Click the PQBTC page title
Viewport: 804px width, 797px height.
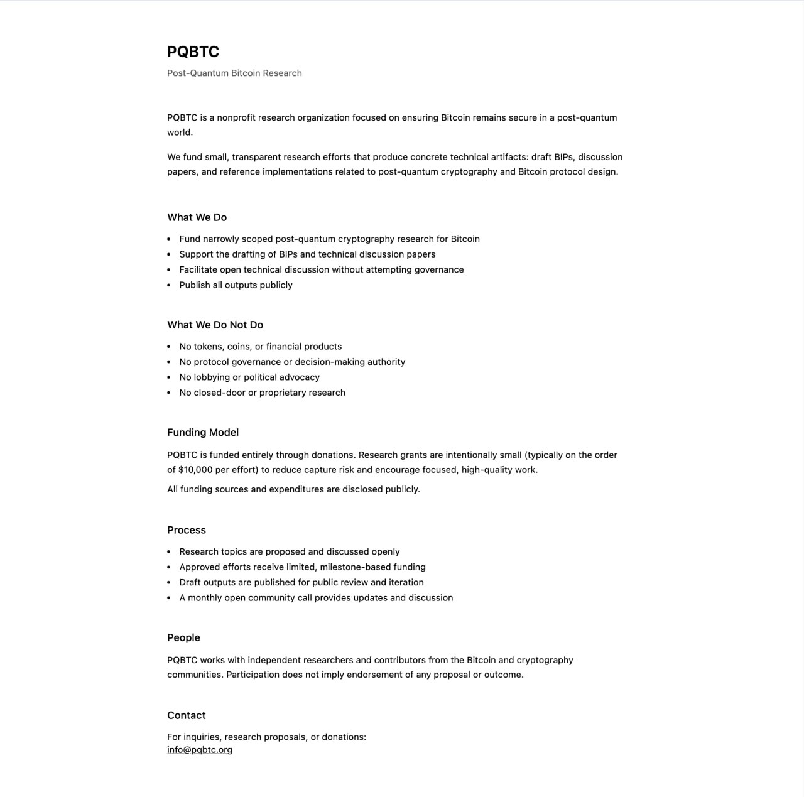pos(193,52)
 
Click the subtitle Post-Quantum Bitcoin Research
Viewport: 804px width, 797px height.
pos(234,73)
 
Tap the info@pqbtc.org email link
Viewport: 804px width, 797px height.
pos(200,749)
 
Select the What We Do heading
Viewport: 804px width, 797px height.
pos(197,217)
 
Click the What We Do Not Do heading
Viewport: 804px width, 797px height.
pos(215,325)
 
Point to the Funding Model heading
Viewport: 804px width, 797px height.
pos(203,432)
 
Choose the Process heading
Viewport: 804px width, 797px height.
pos(187,530)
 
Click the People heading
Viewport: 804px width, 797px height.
pos(183,637)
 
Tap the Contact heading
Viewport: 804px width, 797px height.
pos(186,715)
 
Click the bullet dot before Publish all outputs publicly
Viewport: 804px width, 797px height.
pos(169,285)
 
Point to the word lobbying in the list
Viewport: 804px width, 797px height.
pos(212,377)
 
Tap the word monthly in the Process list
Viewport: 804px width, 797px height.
pos(205,598)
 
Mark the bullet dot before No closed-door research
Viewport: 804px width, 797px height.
pos(169,393)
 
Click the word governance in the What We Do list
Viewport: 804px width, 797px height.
pos(439,269)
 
